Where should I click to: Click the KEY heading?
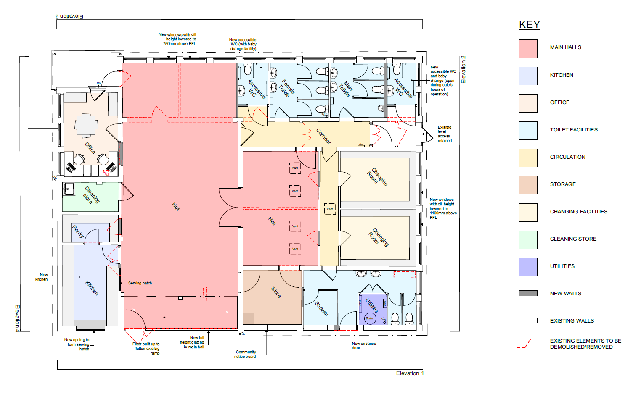click(529, 25)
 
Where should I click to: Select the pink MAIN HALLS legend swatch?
click(528, 48)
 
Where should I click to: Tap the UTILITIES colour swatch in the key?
click(528, 267)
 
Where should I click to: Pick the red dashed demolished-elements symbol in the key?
click(528, 344)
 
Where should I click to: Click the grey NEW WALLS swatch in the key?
click(528, 293)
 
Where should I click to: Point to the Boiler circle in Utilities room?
click(370, 318)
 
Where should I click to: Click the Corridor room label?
click(323, 136)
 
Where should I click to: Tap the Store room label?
click(276, 292)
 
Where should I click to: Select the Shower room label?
click(322, 309)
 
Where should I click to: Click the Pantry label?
click(78, 231)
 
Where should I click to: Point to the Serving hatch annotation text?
click(140, 283)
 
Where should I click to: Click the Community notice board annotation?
click(246, 355)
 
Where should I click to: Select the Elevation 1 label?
click(410, 373)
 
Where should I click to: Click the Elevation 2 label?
click(464, 69)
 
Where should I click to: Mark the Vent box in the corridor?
click(330, 209)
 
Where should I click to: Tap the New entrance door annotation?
click(363, 346)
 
